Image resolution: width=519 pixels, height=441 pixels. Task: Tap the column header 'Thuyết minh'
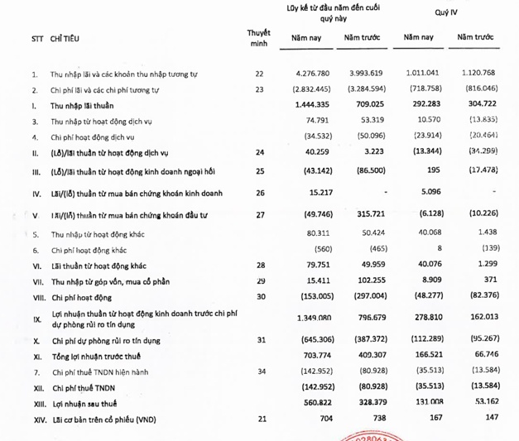coord(258,38)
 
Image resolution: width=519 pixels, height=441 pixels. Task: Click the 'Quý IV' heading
coord(448,13)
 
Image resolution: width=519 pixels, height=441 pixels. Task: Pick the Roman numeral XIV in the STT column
coord(34,420)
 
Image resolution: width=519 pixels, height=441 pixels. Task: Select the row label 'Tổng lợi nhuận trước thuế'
coord(99,355)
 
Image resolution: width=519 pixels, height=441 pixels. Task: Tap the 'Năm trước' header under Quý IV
coord(481,38)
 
